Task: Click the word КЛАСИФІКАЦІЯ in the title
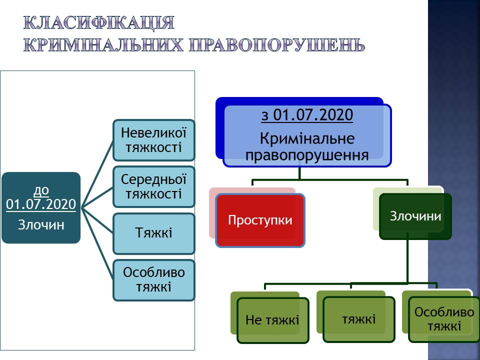pyautogui.click(x=99, y=23)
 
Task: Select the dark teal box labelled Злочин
pyautogui.click(x=41, y=208)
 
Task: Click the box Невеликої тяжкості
pyautogui.click(x=153, y=140)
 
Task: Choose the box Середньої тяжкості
pyautogui.click(x=153, y=186)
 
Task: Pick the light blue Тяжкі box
pyautogui.click(x=153, y=233)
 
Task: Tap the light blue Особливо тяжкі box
pyautogui.click(x=153, y=279)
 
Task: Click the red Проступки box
pyautogui.click(x=260, y=220)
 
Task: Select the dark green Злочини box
pyautogui.click(x=415, y=216)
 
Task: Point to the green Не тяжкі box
pyautogui.click(x=272, y=320)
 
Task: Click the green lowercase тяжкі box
pyautogui.click(x=359, y=319)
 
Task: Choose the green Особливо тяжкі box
pyautogui.click(x=444, y=319)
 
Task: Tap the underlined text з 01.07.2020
pyautogui.click(x=307, y=116)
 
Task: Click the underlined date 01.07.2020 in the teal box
pyautogui.click(x=41, y=204)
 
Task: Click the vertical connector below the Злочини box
pyautogui.click(x=407, y=260)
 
